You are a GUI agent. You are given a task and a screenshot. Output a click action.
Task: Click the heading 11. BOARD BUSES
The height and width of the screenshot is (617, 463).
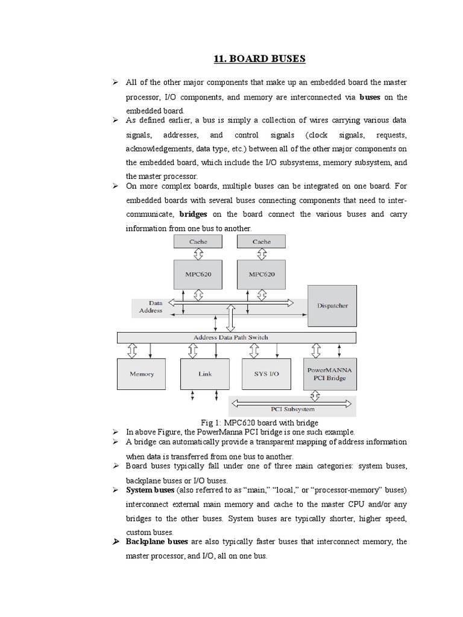click(260, 58)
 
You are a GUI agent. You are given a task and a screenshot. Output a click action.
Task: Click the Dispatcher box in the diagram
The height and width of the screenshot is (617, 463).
click(332, 305)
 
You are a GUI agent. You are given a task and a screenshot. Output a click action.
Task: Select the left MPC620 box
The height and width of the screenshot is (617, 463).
click(198, 274)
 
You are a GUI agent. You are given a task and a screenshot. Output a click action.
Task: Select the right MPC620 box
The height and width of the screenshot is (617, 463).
click(262, 274)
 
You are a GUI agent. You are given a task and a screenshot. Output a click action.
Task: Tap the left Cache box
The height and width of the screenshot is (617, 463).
click(198, 242)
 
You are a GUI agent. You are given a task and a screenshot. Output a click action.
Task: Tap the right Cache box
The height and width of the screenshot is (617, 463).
click(262, 242)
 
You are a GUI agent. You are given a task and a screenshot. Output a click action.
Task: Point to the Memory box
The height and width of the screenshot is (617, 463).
click(142, 374)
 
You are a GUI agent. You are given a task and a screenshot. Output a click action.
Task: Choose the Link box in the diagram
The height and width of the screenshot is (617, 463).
click(205, 374)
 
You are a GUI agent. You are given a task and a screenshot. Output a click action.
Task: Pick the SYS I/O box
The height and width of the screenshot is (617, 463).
click(268, 374)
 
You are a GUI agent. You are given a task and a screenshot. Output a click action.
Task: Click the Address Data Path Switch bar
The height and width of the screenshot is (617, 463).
click(231, 337)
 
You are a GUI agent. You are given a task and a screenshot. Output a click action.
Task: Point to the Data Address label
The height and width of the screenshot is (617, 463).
click(151, 307)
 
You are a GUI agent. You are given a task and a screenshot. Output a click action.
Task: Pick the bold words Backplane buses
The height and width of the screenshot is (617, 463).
click(157, 542)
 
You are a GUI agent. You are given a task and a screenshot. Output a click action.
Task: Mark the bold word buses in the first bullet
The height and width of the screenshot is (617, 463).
click(370, 97)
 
